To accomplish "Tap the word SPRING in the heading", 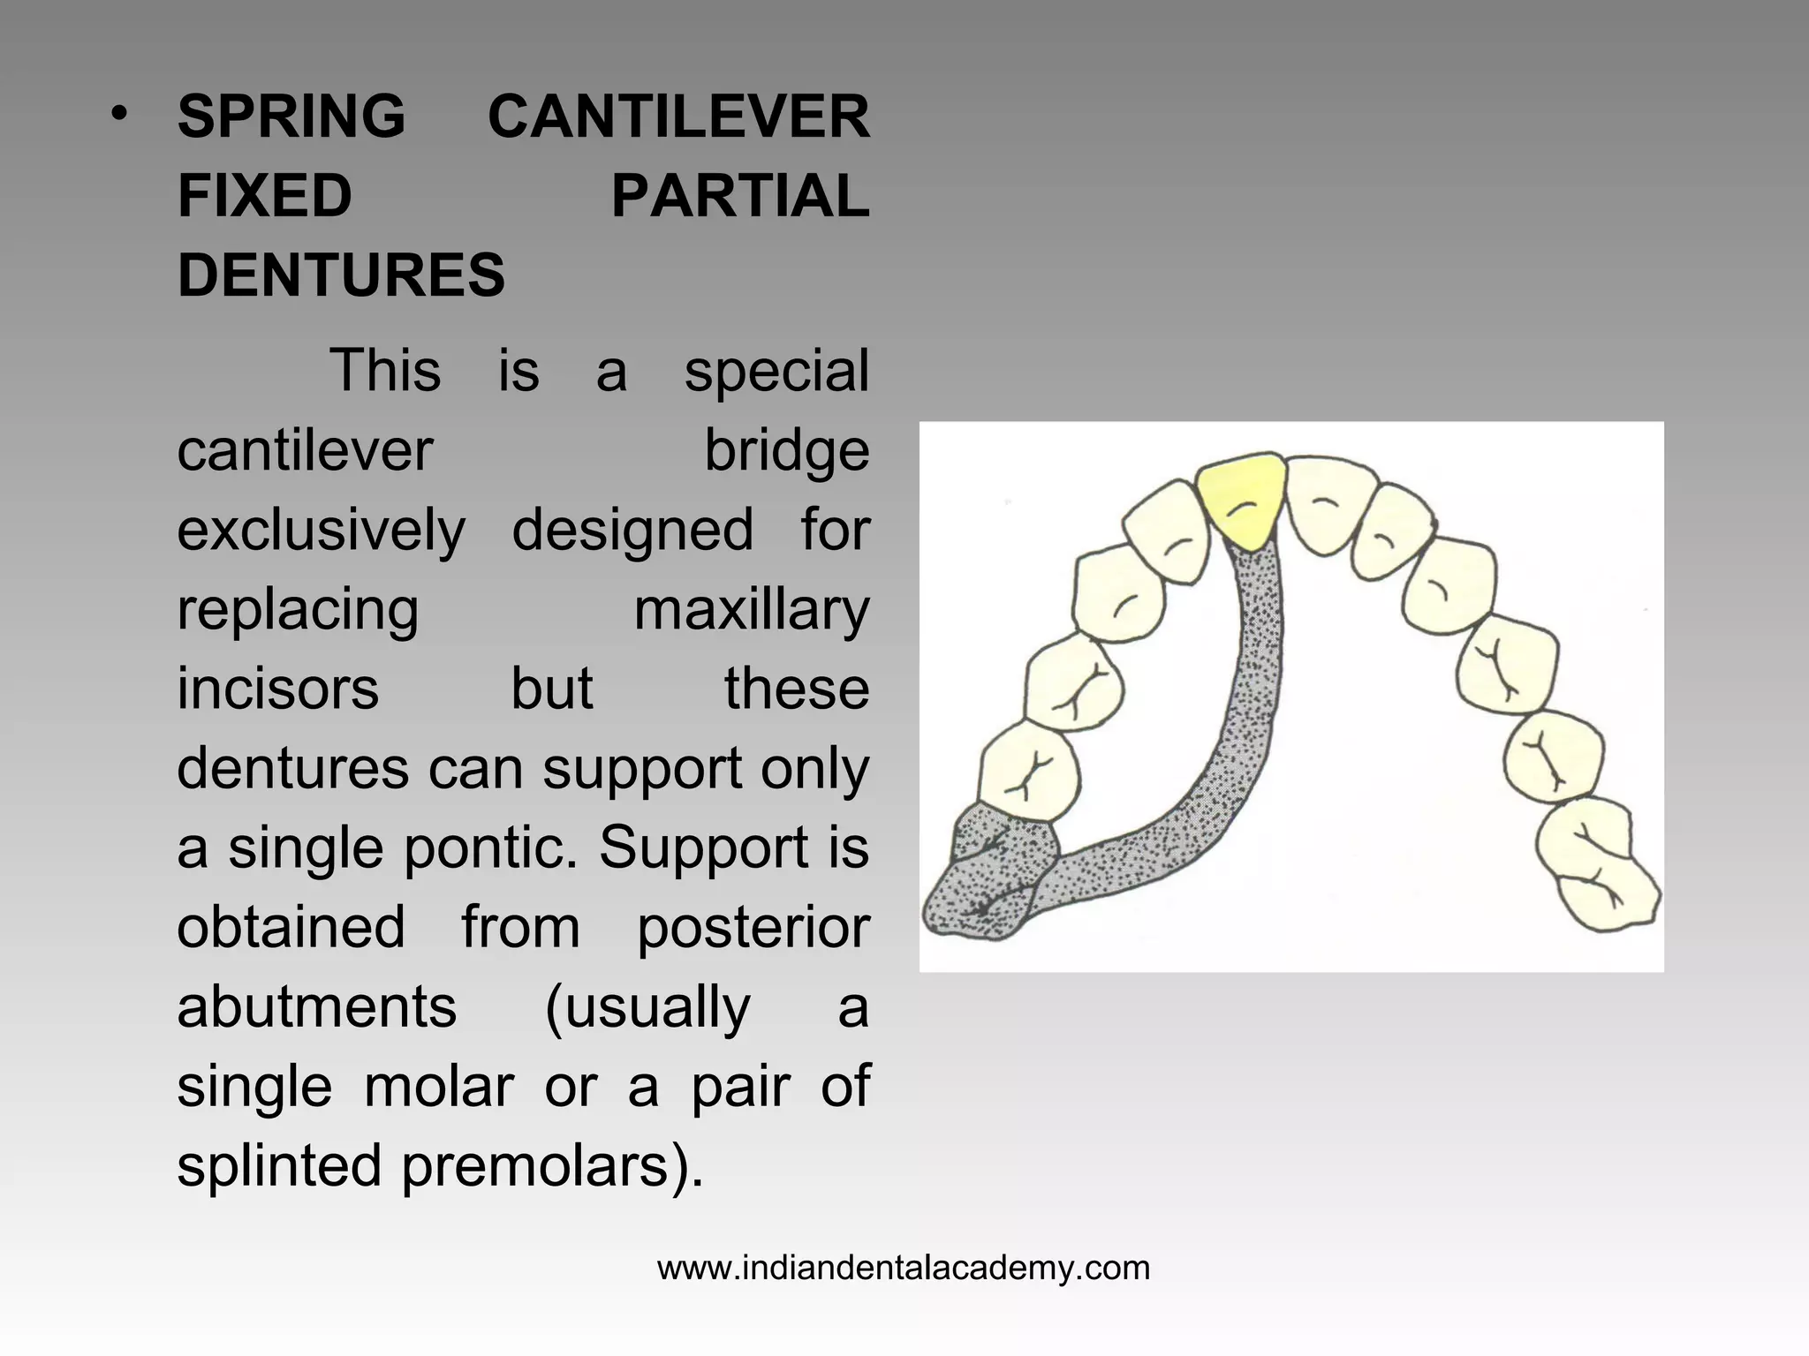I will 291,117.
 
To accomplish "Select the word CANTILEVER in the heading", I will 678,117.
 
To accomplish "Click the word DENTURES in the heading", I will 341,275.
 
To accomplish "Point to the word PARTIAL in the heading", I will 740,196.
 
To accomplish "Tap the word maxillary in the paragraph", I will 752,609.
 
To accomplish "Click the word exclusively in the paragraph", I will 321,530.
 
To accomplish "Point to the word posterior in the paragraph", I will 753,927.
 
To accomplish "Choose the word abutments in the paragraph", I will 316,1006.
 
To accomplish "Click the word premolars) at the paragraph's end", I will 552,1165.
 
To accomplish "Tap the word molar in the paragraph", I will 439,1086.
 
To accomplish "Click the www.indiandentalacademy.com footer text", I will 904,1268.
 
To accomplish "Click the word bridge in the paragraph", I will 786,450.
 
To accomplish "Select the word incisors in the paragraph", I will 277,689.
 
